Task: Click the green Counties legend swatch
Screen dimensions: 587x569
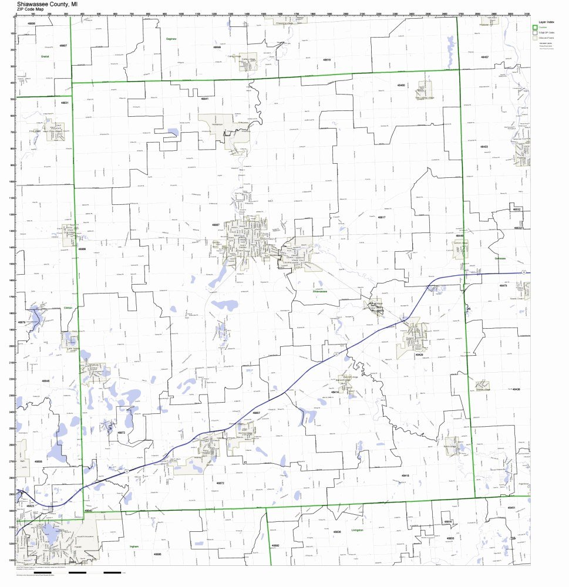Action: [x=535, y=28]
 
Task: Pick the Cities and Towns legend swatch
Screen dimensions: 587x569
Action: [x=535, y=38]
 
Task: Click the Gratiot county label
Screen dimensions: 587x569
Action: [x=45, y=56]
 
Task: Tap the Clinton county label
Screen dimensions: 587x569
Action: [x=68, y=307]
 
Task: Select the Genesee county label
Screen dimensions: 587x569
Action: [x=500, y=258]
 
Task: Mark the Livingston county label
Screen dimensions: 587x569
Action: [x=358, y=529]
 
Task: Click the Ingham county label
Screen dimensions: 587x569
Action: [x=133, y=546]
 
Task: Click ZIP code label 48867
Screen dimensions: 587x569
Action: [x=216, y=225]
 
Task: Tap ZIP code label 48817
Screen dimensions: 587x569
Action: [x=381, y=217]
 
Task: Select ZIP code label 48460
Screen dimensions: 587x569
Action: [x=400, y=86]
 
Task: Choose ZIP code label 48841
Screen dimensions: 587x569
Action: [x=204, y=99]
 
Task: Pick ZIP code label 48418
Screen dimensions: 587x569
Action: [x=405, y=475]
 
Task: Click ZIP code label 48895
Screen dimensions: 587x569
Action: [x=157, y=554]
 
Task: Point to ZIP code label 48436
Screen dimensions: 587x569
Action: [x=516, y=389]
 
